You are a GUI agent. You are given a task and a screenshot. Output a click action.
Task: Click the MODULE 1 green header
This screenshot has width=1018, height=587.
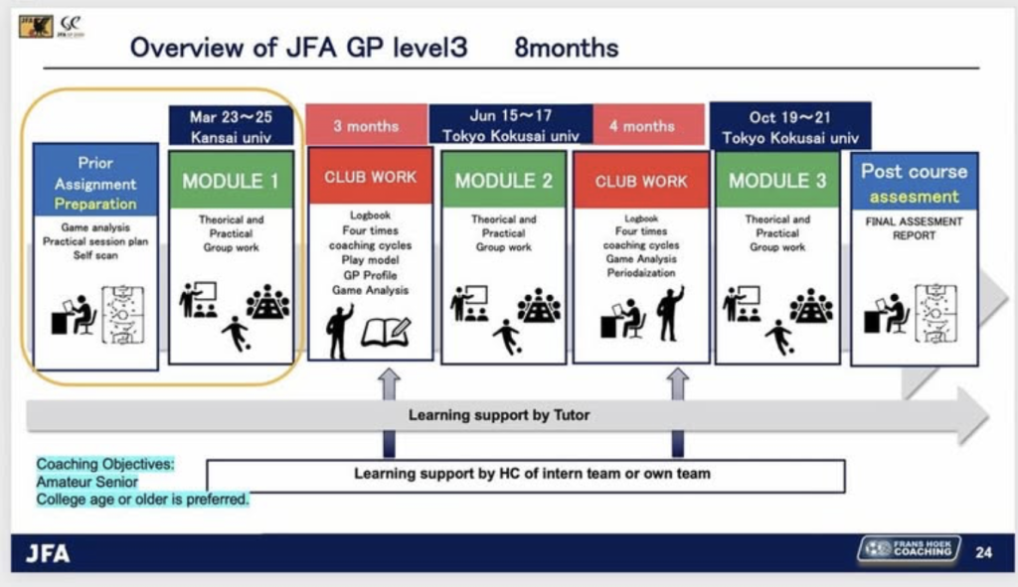[x=231, y=180]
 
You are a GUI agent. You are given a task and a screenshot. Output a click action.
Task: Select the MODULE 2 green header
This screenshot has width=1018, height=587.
[x=503, y=180]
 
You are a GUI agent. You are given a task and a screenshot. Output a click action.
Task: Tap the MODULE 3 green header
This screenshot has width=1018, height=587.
[x=776, y=180]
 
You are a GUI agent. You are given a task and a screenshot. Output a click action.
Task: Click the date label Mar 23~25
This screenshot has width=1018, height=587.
[x=232, y=117]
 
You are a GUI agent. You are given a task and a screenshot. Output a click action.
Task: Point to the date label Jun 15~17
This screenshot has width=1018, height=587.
[x=511, y=115]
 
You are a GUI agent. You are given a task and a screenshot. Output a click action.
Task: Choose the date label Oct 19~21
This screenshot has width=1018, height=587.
[x=790, y=117]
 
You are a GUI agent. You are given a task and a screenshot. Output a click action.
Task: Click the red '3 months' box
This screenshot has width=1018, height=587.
[x=366, y=125]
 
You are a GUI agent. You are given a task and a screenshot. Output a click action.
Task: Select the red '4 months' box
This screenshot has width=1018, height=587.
[x=641, y=125]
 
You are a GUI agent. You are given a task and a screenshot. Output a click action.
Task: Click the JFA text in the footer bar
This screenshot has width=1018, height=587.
[x=47, y=553]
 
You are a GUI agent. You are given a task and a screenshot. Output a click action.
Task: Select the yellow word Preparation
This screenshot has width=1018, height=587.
[x=95, y=204]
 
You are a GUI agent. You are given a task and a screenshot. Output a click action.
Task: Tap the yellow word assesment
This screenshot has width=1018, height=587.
[x=914, y=196]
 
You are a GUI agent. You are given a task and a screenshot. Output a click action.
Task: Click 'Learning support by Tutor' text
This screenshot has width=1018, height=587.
[x=498, y=415]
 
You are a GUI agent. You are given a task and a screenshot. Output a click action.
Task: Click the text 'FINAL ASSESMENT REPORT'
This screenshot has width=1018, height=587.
[x=914, y=228]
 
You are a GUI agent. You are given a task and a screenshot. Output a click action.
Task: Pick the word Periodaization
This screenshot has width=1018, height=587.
[x=641, y=272]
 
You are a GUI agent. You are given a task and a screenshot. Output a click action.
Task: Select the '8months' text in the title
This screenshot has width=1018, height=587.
[x=566, y=47]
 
